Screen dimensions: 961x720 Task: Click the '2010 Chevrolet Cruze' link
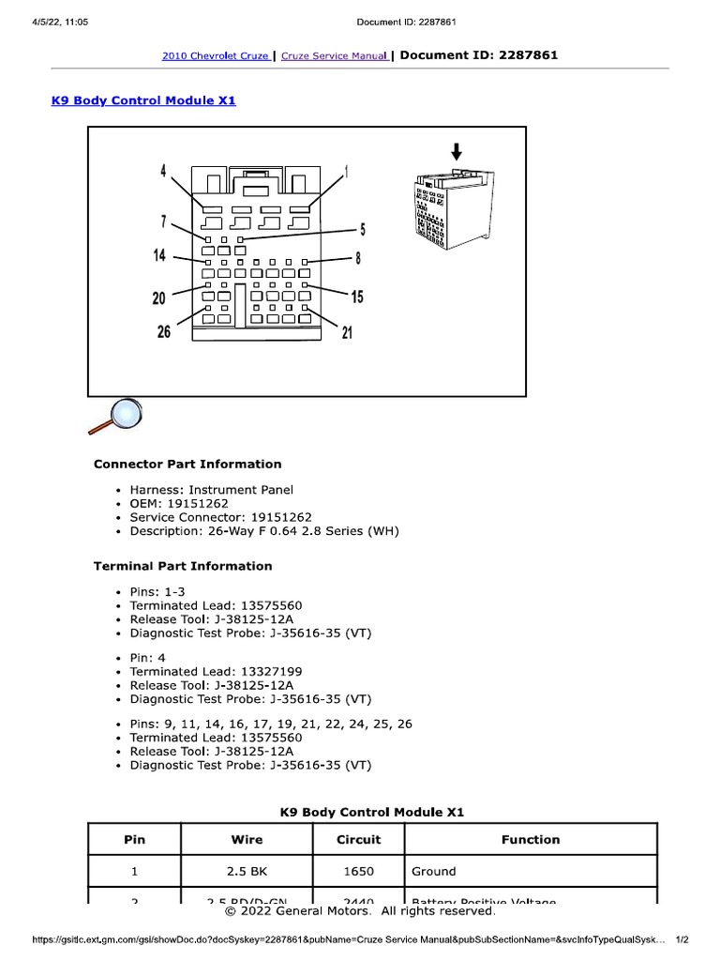tap(216, 56)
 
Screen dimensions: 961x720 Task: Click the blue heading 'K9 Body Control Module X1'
tap(143, 100)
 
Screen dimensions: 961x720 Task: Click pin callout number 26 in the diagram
tap(164, 332)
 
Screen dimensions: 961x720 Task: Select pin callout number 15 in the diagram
tap(357, 297)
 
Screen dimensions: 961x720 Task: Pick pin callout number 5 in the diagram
tap(363, 229)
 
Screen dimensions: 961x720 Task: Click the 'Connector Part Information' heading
tap(187, 464)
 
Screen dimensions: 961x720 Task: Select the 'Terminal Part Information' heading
tap(183, 566)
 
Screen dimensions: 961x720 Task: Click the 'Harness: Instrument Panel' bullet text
tap(211, 490)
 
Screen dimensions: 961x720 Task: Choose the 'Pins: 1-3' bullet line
tap(157, 592)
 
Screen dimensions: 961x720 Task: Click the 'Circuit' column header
tap(358, 840)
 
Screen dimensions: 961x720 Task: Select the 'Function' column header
tap(530, 840)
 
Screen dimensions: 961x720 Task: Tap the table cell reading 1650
tap(358, 871)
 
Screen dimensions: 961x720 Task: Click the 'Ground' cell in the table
tap(434, 871)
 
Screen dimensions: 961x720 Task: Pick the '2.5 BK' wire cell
tap(247, 871)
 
